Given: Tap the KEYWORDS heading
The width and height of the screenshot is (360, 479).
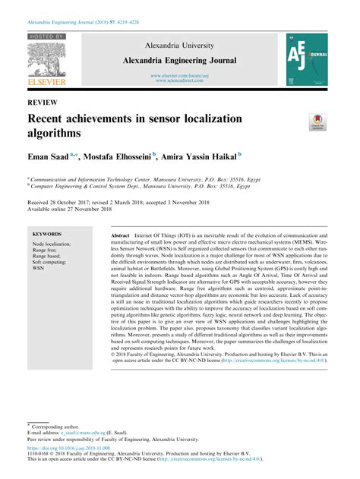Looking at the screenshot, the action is click(x=48, y=236).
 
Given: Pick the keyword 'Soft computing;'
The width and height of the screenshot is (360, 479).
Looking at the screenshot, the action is click(x=49, y=262).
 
